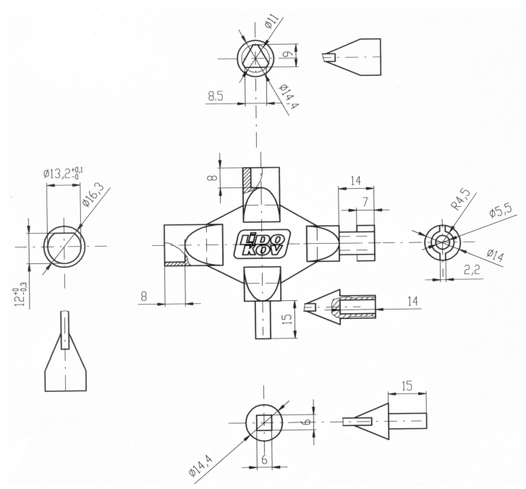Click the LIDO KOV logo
[262, 244]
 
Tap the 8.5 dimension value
[216, 96]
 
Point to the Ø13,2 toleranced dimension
[63, 174]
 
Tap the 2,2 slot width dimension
[472, 269]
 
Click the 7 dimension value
[365, 202]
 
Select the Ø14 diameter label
[495, 255]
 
